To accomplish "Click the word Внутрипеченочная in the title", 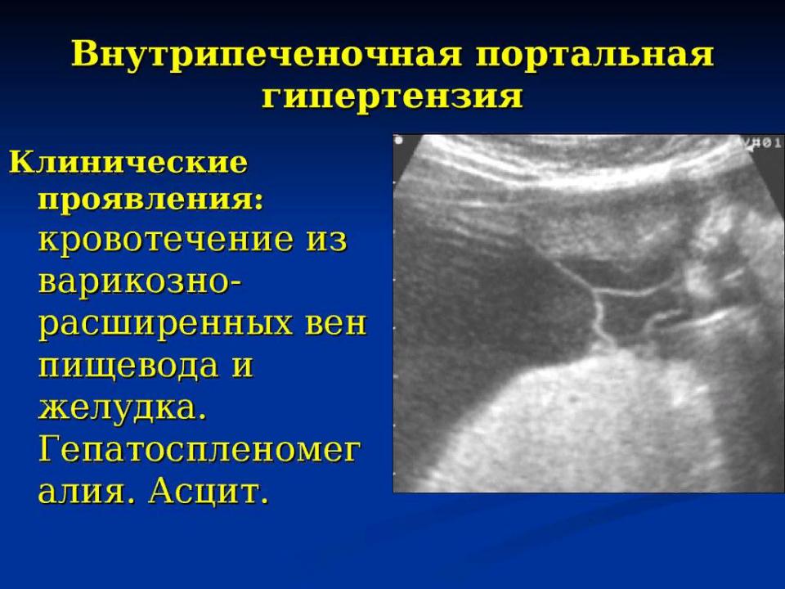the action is coord(267,54).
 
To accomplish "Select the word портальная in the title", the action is coord(594,54).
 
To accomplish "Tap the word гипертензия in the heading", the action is coord(392,97).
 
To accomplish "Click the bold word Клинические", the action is coord(128,162).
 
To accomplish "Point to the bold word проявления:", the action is coord(150,201).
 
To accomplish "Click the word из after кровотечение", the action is coord(325,239).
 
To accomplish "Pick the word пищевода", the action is coord(128,366).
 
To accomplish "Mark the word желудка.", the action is coord(123,408).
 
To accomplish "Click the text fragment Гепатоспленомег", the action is coord(200,450).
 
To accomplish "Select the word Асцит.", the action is coord(206,492).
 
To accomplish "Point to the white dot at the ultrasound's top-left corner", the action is coord(398,141).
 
